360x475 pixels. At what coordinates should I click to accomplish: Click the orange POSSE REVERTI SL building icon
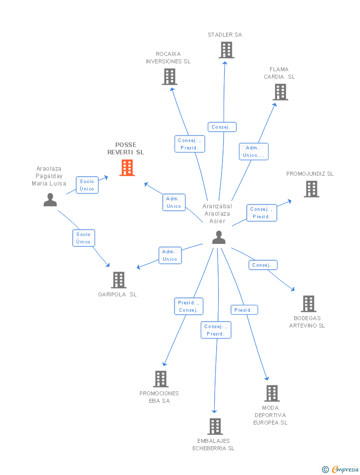[127, 168]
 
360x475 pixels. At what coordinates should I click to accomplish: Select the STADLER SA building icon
[226, 50]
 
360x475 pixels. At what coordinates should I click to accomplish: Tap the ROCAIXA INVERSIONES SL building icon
[170, 77]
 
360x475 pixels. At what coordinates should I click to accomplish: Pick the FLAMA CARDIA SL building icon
[280, 92]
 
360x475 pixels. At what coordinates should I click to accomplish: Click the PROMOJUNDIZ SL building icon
[312, 189]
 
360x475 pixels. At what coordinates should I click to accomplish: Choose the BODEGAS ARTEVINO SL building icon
[309, 304]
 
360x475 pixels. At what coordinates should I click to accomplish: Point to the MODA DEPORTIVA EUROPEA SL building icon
[272, 393]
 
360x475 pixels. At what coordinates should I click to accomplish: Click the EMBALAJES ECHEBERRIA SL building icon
[215, 427]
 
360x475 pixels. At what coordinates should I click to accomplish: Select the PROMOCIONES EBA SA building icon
[161, 379]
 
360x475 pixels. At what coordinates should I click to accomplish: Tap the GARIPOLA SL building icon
[119, 280]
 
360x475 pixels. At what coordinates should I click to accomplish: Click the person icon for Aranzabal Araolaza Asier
[219, 237]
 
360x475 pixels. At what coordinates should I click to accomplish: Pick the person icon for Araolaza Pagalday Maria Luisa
[50, 200]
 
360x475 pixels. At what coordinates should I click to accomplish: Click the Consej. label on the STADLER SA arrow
[222, 127]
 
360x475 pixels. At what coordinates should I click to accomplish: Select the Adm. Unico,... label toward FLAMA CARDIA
[254, 151]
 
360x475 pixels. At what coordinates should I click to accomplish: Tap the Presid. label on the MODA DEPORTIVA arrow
[244, 310]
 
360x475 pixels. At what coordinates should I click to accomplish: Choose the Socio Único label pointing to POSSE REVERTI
[87, 185]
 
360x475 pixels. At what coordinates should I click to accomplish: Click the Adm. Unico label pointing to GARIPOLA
[170, 255]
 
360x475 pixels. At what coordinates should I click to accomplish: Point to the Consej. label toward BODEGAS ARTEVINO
[263, 265]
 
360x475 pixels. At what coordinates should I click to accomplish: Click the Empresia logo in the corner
[341, 469]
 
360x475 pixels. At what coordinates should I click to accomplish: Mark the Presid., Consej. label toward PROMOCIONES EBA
[188, 306]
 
